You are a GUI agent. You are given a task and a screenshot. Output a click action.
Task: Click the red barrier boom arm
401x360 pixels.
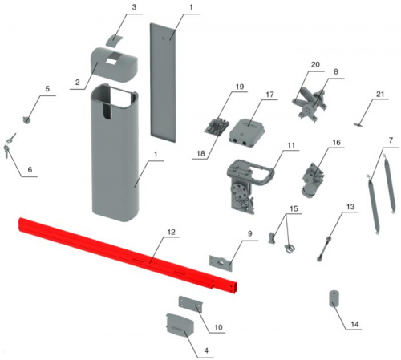(x=128, y=255)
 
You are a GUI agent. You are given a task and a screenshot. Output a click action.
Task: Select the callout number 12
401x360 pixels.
(x=171, y=232)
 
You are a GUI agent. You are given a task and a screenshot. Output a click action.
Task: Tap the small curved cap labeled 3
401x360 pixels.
(x=114, y=40)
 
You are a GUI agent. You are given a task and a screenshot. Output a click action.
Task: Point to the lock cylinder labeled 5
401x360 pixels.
(x=26, y=120)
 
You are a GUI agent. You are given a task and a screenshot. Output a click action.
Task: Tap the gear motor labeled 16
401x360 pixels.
(x=313, y=180)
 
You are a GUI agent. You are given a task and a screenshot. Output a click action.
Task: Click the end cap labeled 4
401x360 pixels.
(x=180, y=325)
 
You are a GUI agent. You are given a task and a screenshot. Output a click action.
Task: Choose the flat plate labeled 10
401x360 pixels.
(x=191, y=304)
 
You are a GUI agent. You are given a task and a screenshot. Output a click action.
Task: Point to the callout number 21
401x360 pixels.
(x=380, y=94)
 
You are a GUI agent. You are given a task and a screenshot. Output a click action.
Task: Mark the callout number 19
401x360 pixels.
(x=240, y=87)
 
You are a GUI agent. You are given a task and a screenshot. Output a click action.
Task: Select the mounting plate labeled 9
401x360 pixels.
(x=221, y=264)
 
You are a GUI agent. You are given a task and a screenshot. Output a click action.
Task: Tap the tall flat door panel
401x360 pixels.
(x=164, y=82)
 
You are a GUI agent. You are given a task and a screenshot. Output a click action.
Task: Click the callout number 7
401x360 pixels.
(x=391, y=140)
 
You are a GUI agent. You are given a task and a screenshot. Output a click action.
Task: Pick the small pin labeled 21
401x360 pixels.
(x=358, y=125)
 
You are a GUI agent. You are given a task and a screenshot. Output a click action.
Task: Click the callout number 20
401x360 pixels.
(x=315, y=64)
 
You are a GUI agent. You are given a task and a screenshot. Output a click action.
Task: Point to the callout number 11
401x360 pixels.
(x=291, y=145)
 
